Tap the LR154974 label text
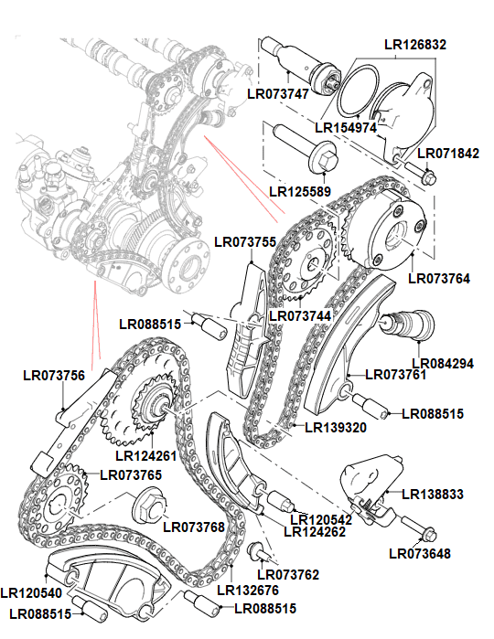click(346, 127)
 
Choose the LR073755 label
click(245, 242)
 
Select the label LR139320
click(336, 427)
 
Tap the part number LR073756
click(53, 375)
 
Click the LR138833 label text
click(433, 494)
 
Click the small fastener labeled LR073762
click(260, 551)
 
